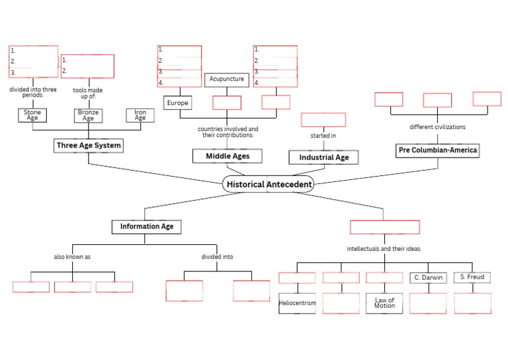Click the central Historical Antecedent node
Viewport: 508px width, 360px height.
tap(268, 184)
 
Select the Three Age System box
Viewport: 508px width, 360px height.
tap(89, 146)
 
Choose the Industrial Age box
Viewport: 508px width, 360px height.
tap(323, 157)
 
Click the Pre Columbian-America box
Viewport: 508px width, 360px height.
tap(437, 150)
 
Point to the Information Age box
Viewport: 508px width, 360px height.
tap(146, 226)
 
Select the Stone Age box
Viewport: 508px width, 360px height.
tap(32, 115)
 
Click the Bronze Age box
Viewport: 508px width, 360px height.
tap(88, 115)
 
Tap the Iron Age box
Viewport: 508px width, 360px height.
tap(140, 115)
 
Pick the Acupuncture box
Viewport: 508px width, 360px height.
tap(226, 79)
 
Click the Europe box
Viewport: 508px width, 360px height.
tap(177, 103)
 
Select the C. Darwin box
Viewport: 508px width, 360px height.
tap(429, 277)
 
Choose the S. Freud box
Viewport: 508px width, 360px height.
tap(472, 277)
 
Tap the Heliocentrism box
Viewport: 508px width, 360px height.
tap(297, 303)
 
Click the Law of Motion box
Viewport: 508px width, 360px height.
tap(384, 303)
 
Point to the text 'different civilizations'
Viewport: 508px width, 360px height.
tap(437, 127)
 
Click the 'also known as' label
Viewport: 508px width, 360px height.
tap(72, 256)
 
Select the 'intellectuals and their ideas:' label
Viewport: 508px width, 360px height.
tap(384, 249)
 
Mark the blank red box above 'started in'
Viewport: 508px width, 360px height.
tap(323, 120)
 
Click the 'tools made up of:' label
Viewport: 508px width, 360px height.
tap(88, 93)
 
